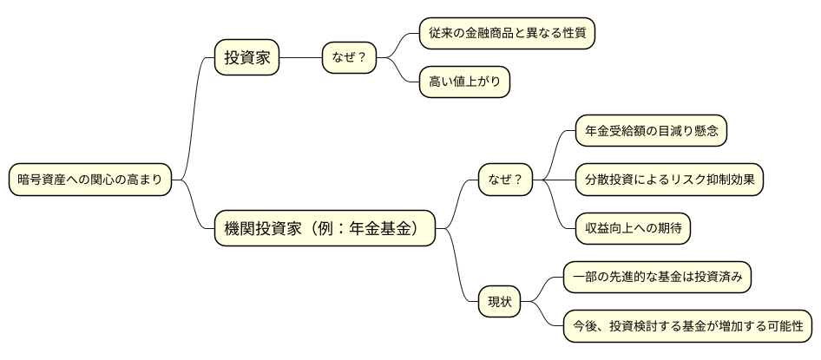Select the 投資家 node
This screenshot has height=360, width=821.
[x=247, y=58]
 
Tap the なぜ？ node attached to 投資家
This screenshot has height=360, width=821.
[x=349, y=58]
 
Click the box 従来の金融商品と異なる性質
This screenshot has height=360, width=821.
[x=507, y=34]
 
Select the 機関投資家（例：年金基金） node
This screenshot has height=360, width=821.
[x=325, y=229]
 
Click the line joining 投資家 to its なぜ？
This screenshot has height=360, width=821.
[x=300, y=58]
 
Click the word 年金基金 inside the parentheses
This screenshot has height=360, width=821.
[x=391, y=229]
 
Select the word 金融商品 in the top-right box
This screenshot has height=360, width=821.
[x=499, y=34]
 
